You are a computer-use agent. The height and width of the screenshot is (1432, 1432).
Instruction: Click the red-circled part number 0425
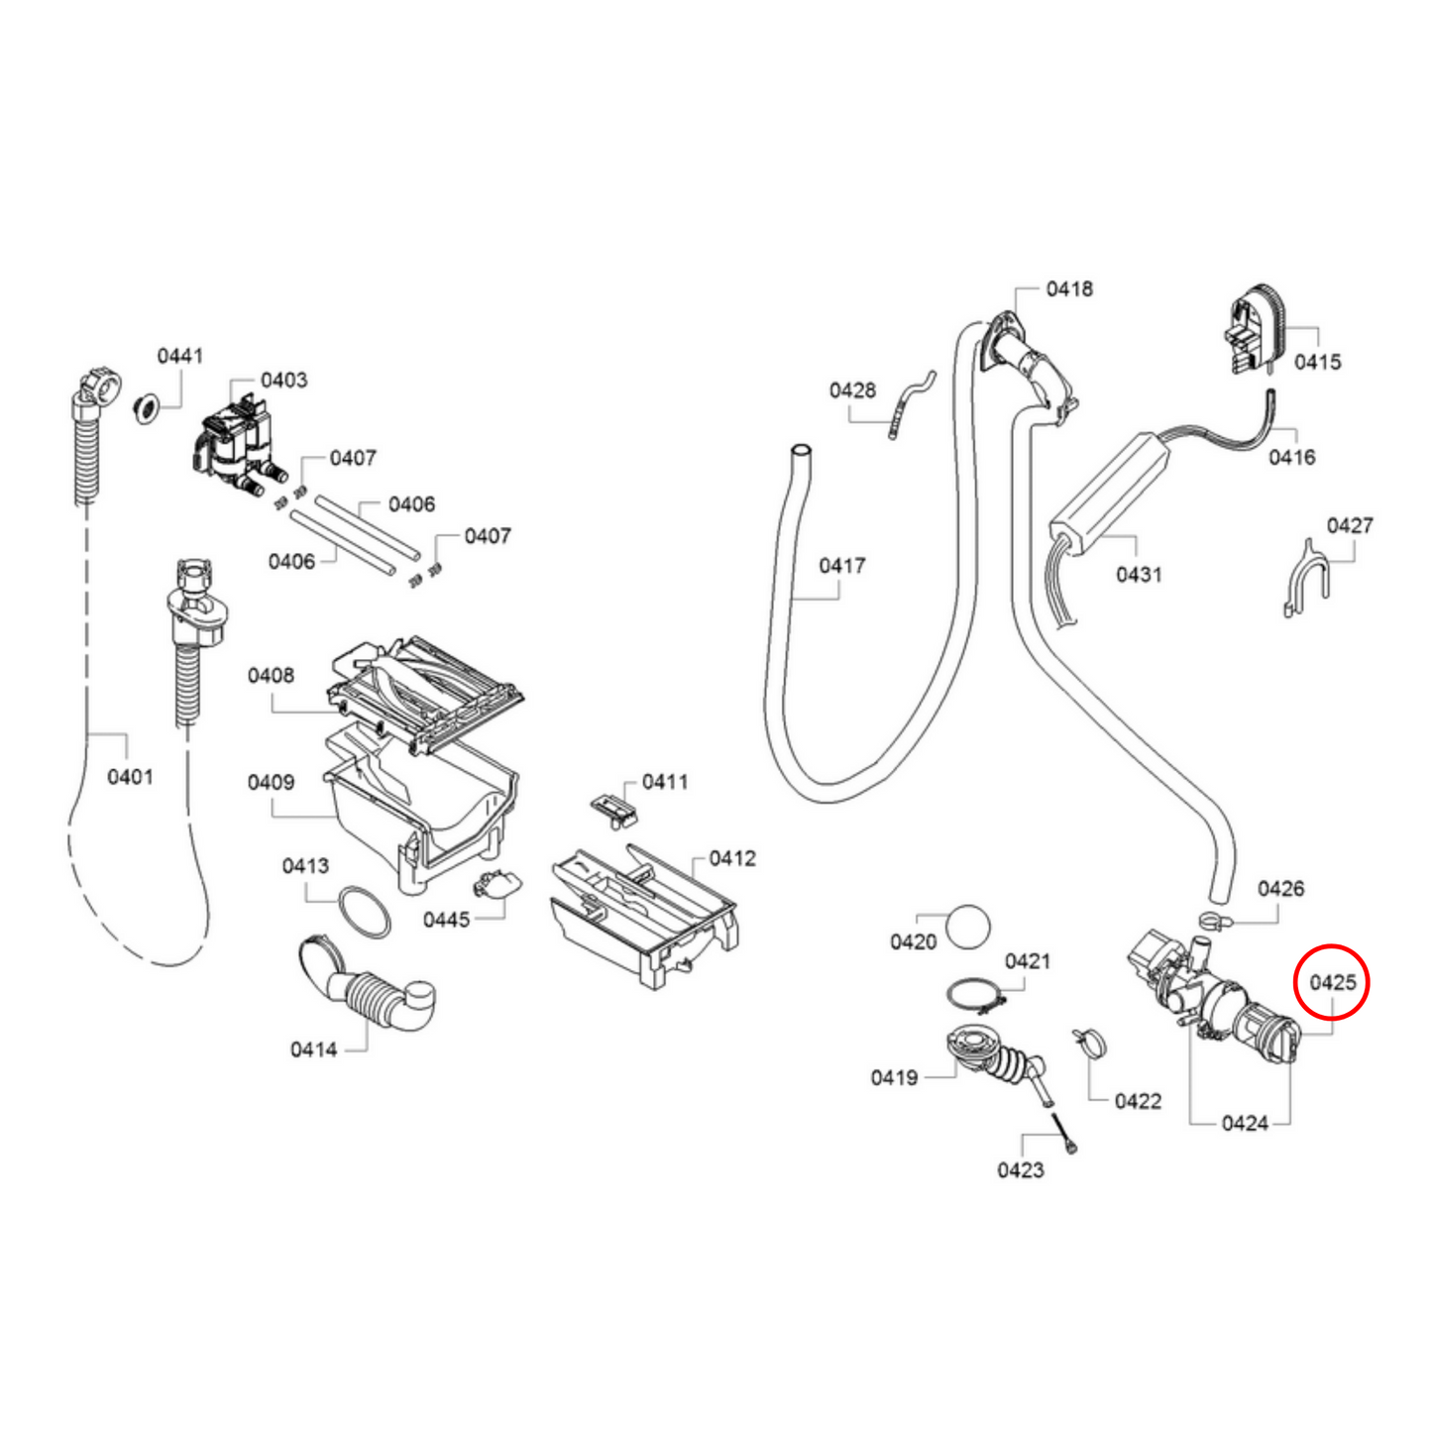point(1332,982)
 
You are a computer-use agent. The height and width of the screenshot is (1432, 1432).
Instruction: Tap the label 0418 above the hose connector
point(1069,288)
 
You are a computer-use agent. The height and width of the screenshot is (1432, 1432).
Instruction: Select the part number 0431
point(1139,574)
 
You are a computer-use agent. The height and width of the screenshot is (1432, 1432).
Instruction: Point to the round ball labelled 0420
point(968,928)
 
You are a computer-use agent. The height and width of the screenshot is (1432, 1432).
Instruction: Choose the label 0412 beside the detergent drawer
point(731,858)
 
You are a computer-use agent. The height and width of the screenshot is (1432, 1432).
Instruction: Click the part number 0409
point(271,782)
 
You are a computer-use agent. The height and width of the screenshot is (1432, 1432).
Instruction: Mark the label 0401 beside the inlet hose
point(130,776)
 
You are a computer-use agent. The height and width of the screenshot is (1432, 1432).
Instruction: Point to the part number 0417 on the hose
point(841,565)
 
